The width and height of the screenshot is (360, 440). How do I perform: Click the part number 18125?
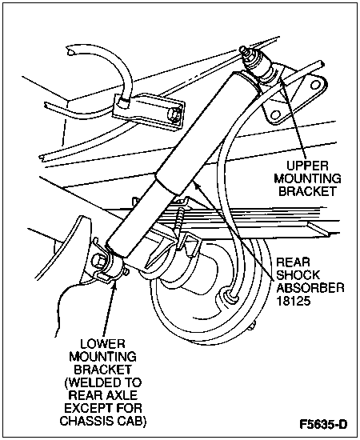pos(294,301)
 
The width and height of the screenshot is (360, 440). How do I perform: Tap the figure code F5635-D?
pos(323,424)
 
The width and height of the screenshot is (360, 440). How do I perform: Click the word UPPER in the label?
pos(307,166)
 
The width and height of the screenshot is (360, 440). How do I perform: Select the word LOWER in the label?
pos(102,344)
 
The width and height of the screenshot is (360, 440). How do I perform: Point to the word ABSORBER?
pos(310,288)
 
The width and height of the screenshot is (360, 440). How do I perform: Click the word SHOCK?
pos(298,275)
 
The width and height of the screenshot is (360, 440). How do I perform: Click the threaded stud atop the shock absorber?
pos(245,53)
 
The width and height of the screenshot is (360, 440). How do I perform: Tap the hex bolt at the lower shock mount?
pos(98,261)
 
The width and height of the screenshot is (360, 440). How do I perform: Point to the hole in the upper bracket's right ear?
pos(317,85)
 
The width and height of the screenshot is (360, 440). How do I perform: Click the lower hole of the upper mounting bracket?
pos(276,114)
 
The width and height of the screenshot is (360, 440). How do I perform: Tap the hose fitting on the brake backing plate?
pos(230,295)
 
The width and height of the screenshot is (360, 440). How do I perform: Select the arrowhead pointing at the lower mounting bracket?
pos(114,284)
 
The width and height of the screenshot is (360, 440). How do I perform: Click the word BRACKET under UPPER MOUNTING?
pos(307,191)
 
